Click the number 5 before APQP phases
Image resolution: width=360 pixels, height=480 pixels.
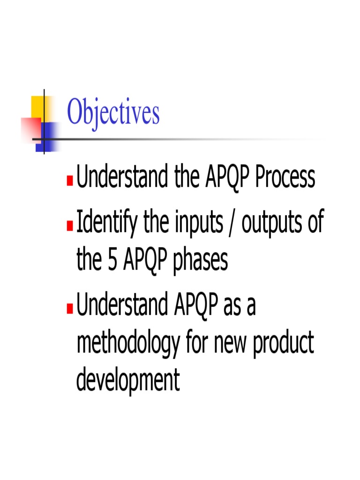112,261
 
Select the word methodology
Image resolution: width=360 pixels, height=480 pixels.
127,345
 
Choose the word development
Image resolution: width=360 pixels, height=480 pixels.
127,381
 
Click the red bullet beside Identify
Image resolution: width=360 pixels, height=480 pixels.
70,227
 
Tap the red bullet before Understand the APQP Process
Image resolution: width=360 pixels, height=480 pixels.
70,181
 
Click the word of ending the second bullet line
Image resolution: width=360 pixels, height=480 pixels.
315,223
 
